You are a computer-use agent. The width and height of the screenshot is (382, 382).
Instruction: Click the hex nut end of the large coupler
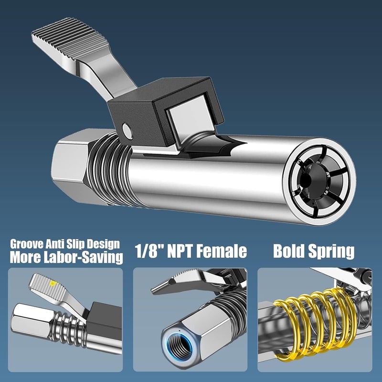click(71, 166)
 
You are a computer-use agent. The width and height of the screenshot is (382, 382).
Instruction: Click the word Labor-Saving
click(83, 257)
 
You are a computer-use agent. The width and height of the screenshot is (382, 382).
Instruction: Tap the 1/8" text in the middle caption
click(149, 252)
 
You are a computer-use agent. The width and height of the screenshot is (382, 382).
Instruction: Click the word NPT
click(180, 252)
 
